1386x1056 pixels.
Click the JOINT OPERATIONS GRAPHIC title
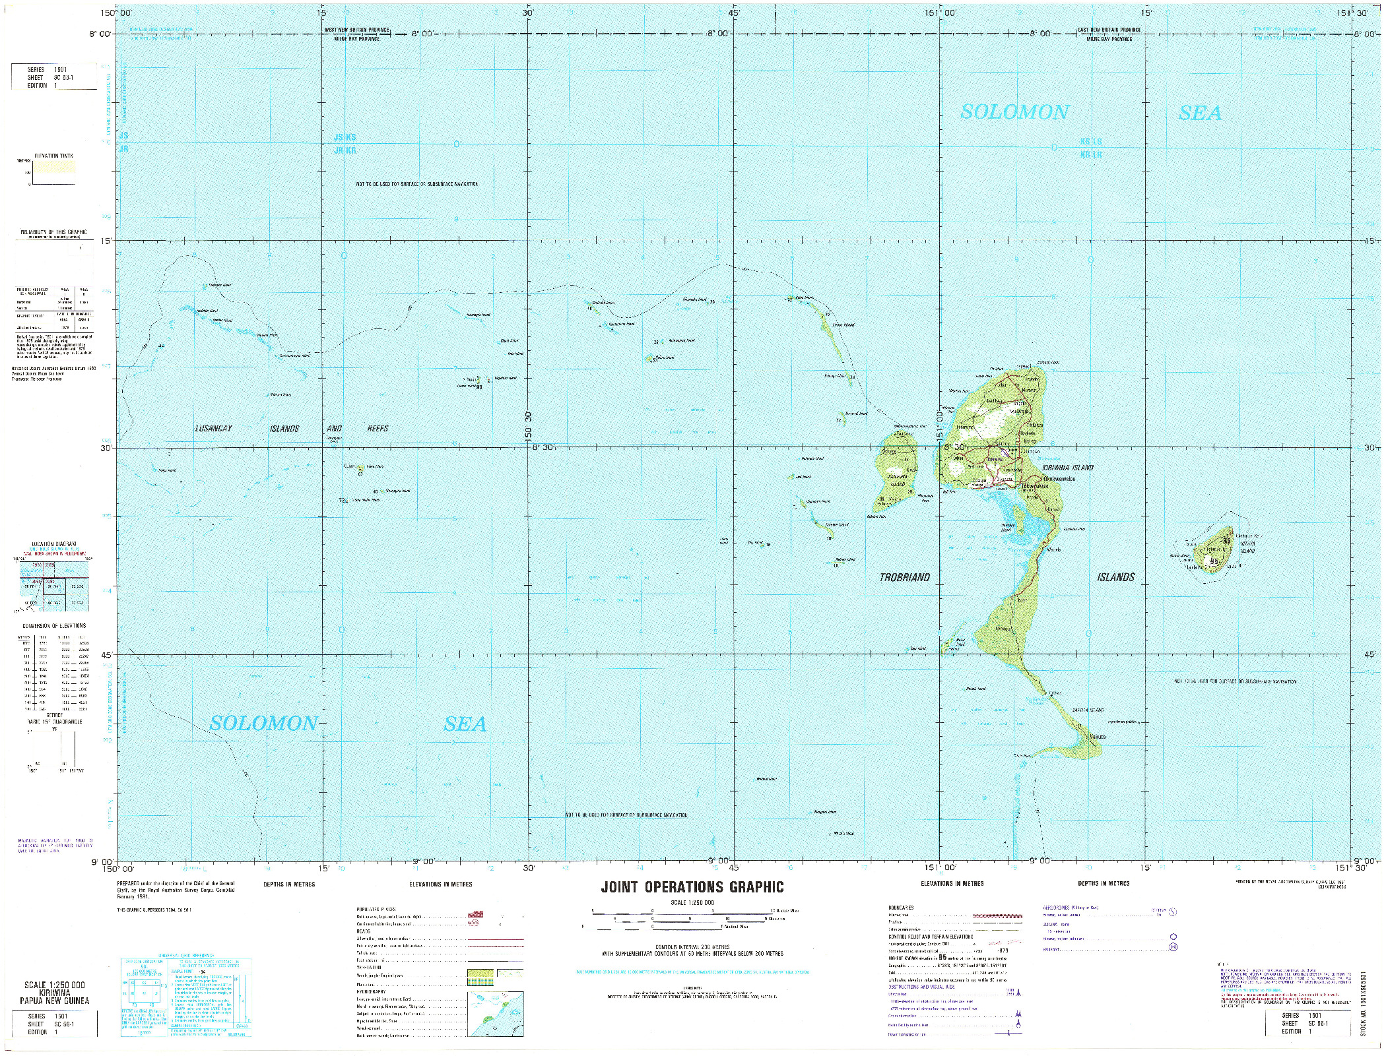click(x=692, y=887)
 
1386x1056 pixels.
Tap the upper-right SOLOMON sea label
click(x=1014, y=112)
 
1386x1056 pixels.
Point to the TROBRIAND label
click(x=904, y=577)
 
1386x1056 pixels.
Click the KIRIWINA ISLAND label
click(x=1067, y=468)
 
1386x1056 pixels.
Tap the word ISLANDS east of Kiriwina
click(x=1116, y=577)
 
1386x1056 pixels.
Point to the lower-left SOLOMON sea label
click(x=263, y=724)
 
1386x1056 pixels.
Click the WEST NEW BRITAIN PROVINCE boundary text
click(x=356, y=30)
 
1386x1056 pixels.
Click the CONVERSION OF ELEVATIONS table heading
click(x=54, y=625)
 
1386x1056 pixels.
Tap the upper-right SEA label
click(x=1200, y=113)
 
